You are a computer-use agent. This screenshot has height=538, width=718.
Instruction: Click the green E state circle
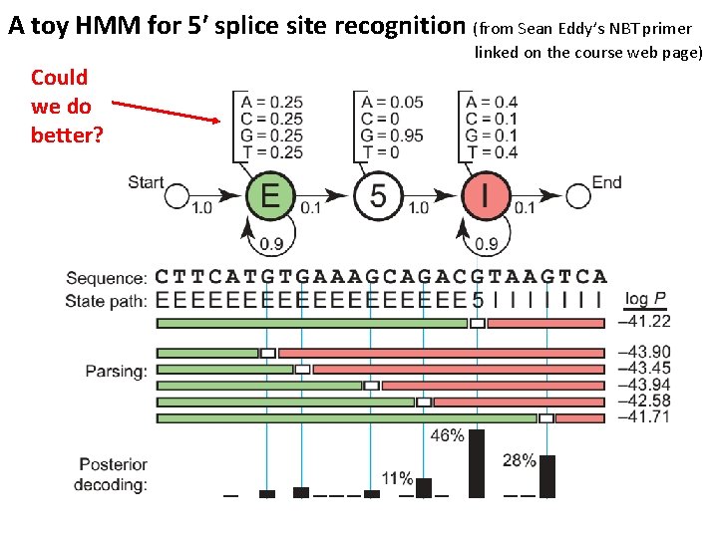(x=269, y=194)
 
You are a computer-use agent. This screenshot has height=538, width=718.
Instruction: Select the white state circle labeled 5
(x=378, y=194)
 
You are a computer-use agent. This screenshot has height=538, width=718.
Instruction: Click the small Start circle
(x=177, y=196)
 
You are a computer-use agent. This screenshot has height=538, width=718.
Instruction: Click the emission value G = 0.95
(x=391, y=135)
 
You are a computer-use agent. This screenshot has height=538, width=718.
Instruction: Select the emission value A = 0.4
(x=492, y=102)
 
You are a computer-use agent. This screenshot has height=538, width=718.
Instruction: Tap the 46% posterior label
(x=447, y=434)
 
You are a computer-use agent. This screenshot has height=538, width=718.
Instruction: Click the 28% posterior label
(x=519, y=460)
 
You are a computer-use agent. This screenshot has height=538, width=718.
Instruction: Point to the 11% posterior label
(x=397, y=478)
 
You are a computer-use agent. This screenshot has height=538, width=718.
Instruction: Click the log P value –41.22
(x=644, y=322)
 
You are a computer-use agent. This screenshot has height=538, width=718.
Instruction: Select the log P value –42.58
(x=644, y=402)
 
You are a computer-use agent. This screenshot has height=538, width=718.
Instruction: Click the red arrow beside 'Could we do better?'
(x=165, y=110)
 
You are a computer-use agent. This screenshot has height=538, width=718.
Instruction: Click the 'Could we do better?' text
(x=66, y=106)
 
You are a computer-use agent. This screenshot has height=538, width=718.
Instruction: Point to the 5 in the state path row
(x=478, y=298)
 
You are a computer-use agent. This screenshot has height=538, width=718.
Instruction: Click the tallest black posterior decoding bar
(x=477, y=462)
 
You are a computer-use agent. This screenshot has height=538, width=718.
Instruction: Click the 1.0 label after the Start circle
(x=201, y=207)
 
